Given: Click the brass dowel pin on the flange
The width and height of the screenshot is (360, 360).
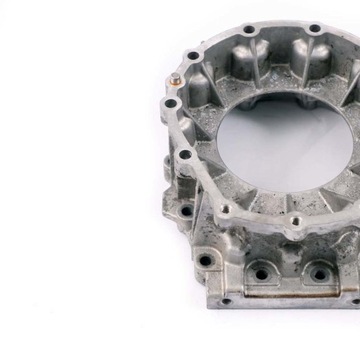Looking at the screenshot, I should pyautogui.click(x=177, y=79).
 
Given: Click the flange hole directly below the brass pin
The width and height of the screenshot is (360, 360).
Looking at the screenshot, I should pyautogui.click(x=171, y=104).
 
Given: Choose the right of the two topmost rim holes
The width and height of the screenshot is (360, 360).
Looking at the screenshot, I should pyautogui.click(x=315, y=29).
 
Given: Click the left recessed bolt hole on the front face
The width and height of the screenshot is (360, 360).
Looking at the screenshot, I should pyautogui.click(x=262, y=273).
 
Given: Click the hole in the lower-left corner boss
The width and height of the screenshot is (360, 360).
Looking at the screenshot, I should pyautogui.click(x=205, y=261).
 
